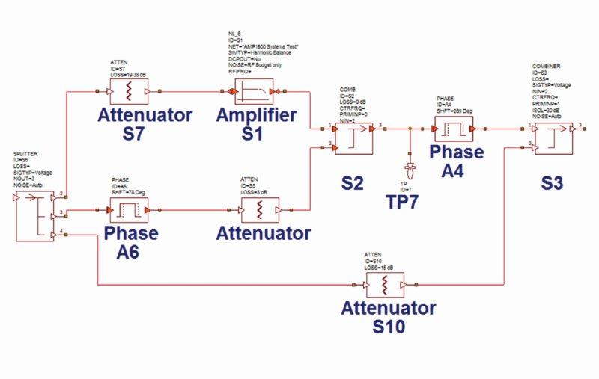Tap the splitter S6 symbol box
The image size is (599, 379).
[34, 215]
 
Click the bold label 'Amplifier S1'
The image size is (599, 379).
[256, 125]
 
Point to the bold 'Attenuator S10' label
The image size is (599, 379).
[389, 317]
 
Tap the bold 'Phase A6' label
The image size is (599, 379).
[131, 242]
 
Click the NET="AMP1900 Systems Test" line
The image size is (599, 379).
[263, 46]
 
